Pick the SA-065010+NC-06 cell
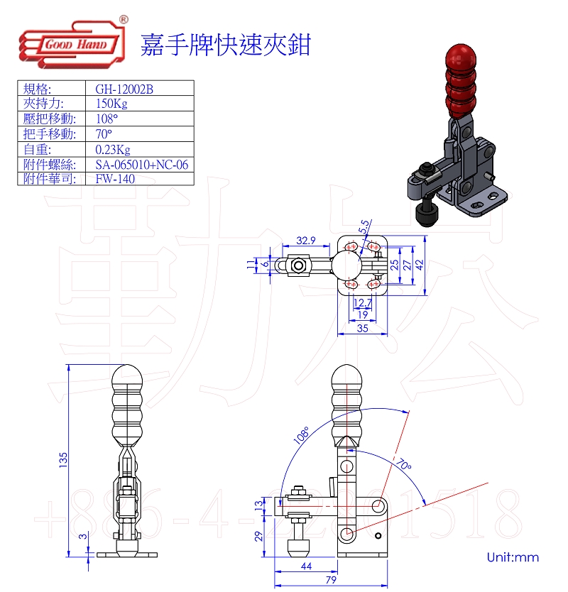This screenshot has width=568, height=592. [x=141, y=165]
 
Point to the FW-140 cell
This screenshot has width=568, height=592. [x=114, y=179]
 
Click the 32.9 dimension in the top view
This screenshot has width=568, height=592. [x=306, y=241]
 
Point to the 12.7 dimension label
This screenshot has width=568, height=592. [x=363, y=304]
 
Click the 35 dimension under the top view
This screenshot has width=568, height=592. [x=363, y=328]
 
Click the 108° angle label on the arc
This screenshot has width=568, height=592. [x=300, y=434]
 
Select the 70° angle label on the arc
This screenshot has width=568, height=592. [x=403, y=466]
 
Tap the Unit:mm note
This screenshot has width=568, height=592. [x=513, y=557]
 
